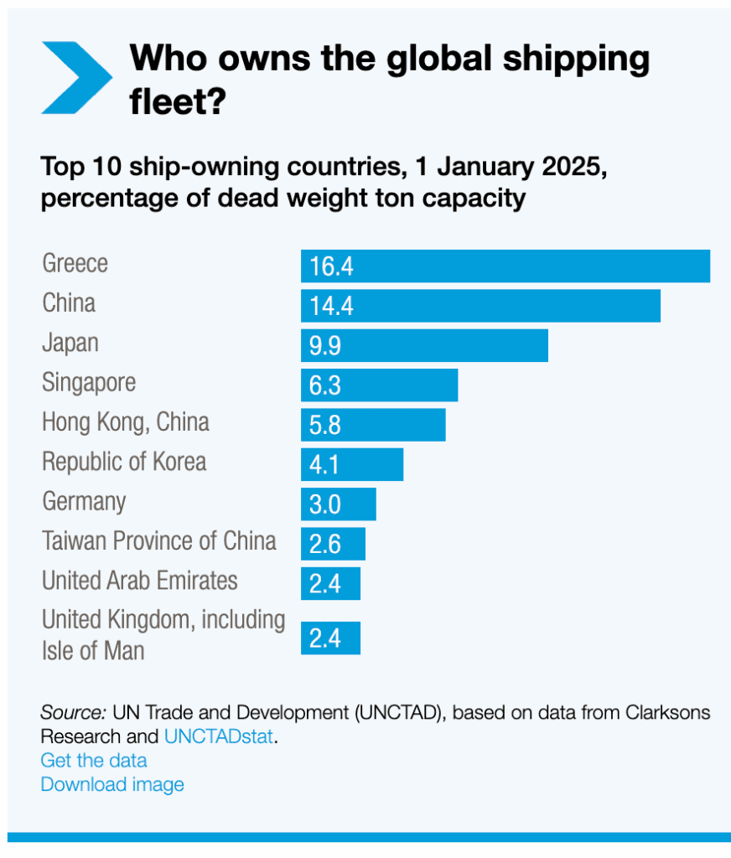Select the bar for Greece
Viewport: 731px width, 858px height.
pos(505,266)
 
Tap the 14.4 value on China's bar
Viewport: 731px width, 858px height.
pos(331,306)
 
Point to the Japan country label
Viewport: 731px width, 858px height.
pos(70,343)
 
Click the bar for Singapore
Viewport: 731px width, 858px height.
pos(379,385)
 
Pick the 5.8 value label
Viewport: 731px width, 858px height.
pos(325,425)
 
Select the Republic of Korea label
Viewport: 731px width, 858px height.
pos(124,462)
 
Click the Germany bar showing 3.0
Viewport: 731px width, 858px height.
pos(339,504)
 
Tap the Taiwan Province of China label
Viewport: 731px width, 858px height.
pos(159,540)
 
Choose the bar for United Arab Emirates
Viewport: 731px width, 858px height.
pos(330,583)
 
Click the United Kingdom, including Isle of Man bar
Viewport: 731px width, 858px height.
pos(330,638)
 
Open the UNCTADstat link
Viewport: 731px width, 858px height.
pos(219,737)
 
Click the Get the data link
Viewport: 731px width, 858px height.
pos(94,761)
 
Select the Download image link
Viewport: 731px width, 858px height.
pos(112,785)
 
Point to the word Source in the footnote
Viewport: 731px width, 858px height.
pos(72,713)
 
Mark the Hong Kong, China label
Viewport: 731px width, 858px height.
pos(126,421)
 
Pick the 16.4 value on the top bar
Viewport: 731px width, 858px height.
pos(331,266)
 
